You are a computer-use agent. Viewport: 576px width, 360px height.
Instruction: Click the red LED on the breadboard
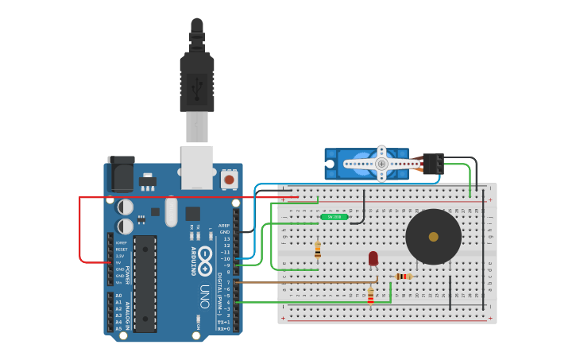[x=373, y=258]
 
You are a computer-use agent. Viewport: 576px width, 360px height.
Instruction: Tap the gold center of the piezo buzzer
[x=433, y=237]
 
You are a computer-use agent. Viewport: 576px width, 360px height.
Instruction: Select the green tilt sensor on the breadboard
[x=334, y=216]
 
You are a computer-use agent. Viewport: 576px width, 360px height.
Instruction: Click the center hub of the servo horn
[x=381, y=164]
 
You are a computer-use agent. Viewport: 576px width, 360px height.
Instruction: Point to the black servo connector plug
[x=433, y=163]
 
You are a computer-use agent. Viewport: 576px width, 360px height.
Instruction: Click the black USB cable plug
[x=196, y=79]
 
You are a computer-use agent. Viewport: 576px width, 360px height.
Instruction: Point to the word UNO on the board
[x=205, y=296]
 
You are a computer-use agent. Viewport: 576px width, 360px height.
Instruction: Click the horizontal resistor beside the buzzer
[x=404, y=277]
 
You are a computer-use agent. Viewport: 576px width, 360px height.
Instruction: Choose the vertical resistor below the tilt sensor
[x=318, y=250]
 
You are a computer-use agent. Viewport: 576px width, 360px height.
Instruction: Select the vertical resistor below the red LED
[x=370, y=296]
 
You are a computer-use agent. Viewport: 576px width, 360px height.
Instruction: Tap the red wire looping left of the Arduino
[x=80, y=230]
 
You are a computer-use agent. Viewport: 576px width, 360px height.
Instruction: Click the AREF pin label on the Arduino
[x=224, y=225]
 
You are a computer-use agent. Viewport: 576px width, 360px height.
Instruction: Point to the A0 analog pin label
[x=118, y=296]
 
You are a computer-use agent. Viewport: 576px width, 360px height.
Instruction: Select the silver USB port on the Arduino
[x=197, y=167]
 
